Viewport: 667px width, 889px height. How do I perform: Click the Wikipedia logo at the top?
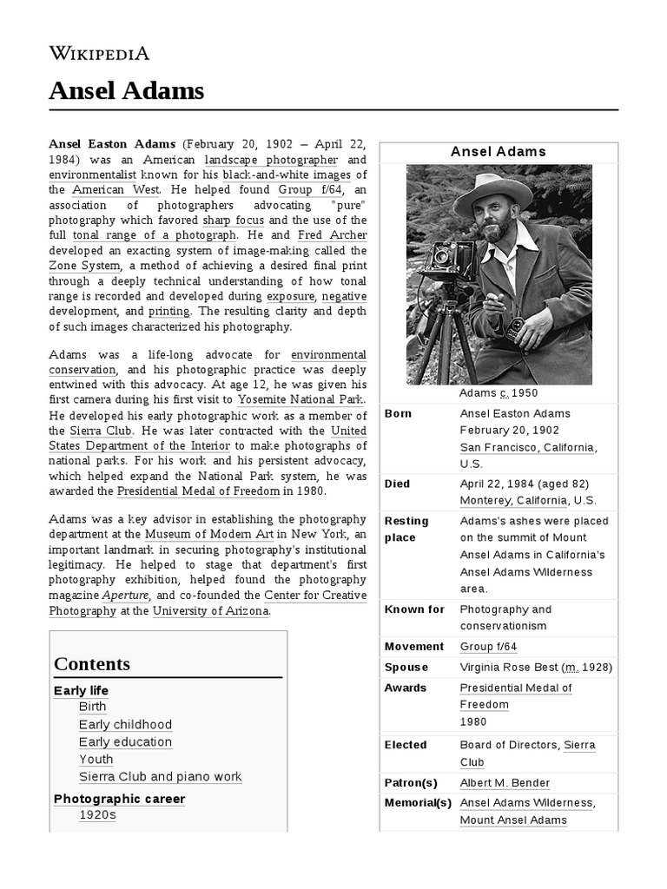pyautogui.click(x=100, y=54)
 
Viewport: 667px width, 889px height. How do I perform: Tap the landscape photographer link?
pyautogui.click(x=271, y=160)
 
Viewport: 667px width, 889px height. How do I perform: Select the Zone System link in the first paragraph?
pyautogui.click(x=85, y=266)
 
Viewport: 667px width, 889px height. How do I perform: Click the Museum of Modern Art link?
pyautogui.click(x=209, y=534)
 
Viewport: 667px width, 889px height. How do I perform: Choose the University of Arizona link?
pyautogui.click(x=210, y=610)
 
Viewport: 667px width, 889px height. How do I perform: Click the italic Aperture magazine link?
pyautogui.click(x=124, y=596)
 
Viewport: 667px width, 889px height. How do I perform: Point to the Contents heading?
pyautogui.click(x=92, y=664)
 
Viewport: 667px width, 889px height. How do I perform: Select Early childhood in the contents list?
pyautogui.click(x=125, y=724)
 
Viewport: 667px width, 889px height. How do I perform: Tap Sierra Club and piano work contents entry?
pyautogui.click(x=160, y=776)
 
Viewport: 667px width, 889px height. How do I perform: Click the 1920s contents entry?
pyautogui.click(x=97, y=814)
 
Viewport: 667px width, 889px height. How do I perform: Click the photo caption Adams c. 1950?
pyautogui.click(x=498, y=393)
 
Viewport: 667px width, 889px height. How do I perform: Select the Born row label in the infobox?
pyautogui.click(x=398, y=413)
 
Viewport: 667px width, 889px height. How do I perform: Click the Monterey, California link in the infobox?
pyautogui.click(x=513, y=500)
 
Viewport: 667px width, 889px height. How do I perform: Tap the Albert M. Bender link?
pyautogui.click(x=505, y=782)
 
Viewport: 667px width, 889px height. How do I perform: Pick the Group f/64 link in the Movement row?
pyautogui.click(x=488, y=646)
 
